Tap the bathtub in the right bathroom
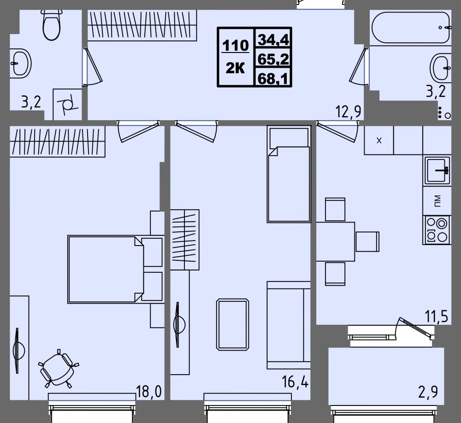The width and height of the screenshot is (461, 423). pos(411,28)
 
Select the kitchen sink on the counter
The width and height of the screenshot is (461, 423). pos(437,170)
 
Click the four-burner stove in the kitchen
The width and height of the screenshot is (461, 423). pos(437,230)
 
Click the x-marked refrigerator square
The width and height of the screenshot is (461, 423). pos(378,140)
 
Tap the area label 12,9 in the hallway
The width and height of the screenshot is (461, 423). pos(349,112)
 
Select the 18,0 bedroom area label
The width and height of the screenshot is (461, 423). pos(149,392)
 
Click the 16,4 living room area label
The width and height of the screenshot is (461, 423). pos(295,382)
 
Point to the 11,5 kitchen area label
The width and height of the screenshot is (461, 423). pos(436,317)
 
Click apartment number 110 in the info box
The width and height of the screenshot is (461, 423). pos(236,46)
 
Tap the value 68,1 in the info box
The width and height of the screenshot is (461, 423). pos(272,78)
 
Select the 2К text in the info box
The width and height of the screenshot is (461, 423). pos(235,69)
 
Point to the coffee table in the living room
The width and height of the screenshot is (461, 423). pos(232,324)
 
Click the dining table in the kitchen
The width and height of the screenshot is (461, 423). pos(336,241)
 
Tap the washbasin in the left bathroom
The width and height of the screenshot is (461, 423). pos(21,64)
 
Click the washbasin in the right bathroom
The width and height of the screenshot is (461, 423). pos(440,67)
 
